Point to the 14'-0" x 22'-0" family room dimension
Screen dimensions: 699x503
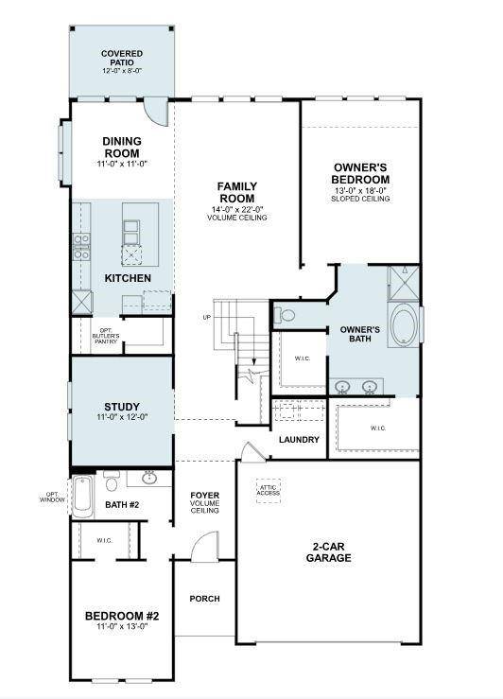(x=236, y=208)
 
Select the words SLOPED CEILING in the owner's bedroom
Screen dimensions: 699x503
(x=360, y=199)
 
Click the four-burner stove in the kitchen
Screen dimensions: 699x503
(x=81, y=247)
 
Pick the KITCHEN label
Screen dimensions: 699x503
(x=127, y=278)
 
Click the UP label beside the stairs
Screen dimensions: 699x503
(x=206, y=317)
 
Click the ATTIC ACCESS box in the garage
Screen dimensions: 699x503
(x=269, y=490)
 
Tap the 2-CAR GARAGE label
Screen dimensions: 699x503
(x=331, y=552)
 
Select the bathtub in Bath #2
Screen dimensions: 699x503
(x=83, y=497)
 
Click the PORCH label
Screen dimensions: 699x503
(x=204, y=598)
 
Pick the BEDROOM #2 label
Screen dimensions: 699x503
(x=121, y=621)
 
